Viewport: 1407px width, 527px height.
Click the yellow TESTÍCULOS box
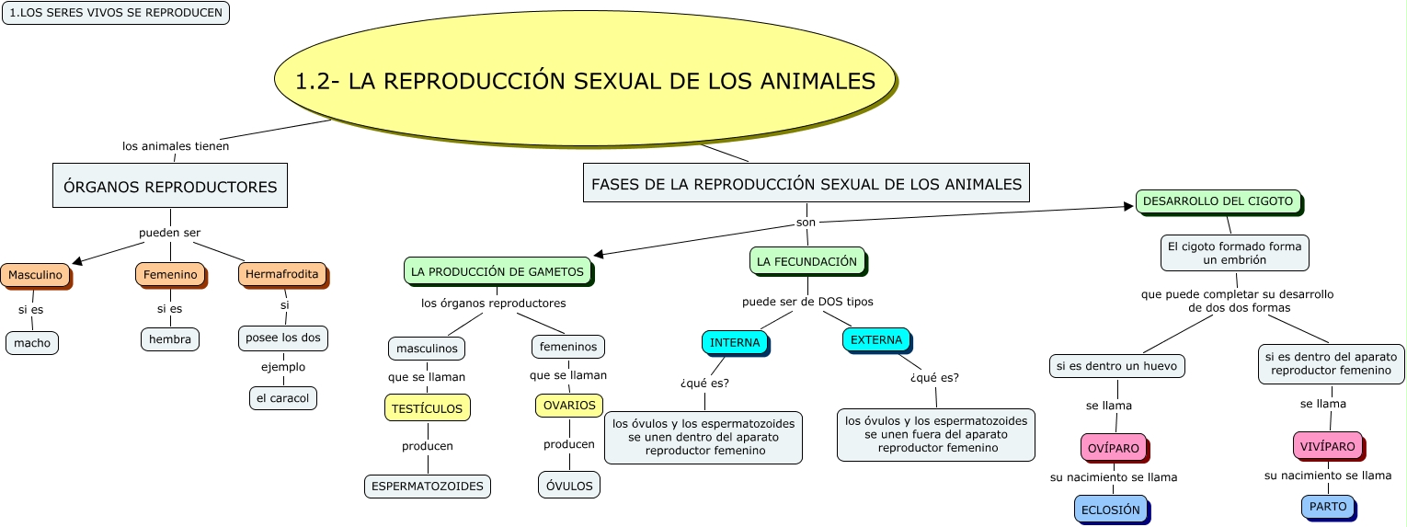[x=428, y=407]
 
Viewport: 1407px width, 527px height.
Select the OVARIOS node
[x=568, y=406]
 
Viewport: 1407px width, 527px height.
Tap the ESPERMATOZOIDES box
[x=428, y=487]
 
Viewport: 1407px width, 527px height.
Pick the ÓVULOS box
[x=569, y=486]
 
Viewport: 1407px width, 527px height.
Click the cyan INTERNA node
[x=735, y=343]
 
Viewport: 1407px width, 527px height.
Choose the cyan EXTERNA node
[x=876, y=340]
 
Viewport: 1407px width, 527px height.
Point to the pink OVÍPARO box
[x=1113, y=448]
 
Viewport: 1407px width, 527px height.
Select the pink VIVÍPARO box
[x=1328, y=446]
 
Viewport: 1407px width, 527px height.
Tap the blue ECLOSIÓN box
[x=1110, y=510]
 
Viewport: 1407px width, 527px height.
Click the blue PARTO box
[x=1328, y=507]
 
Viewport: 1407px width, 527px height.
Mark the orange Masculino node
[x=35, y=275]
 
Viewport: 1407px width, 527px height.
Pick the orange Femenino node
[x=170, y=275]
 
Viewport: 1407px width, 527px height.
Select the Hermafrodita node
[x=282, y=274]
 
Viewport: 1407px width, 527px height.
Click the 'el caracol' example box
[x=283, y=398]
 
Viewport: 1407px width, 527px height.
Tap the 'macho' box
[x=32, y=343]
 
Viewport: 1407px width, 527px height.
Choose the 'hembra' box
[x=170, y=339]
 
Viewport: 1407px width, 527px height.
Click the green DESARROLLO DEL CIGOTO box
[x=1218, y=201]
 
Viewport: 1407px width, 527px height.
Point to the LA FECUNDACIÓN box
[x=806, y=262]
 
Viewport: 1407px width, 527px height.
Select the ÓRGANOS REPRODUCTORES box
[x=170, y=187]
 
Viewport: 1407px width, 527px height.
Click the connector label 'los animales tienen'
[x=176, y=145]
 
